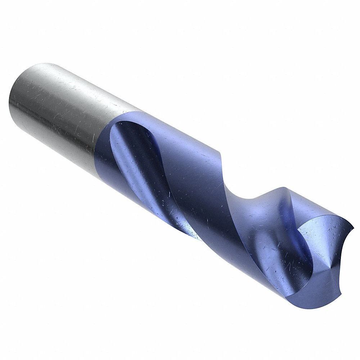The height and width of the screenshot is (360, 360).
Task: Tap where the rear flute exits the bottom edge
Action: click(x=194, y=238)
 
